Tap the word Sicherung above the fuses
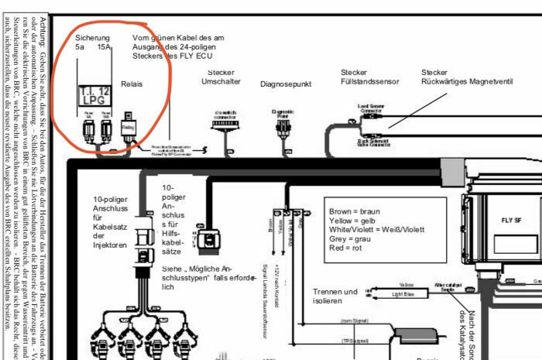92,37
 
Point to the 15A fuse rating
104,47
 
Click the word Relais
132,84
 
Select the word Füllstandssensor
370,81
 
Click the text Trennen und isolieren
334,297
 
